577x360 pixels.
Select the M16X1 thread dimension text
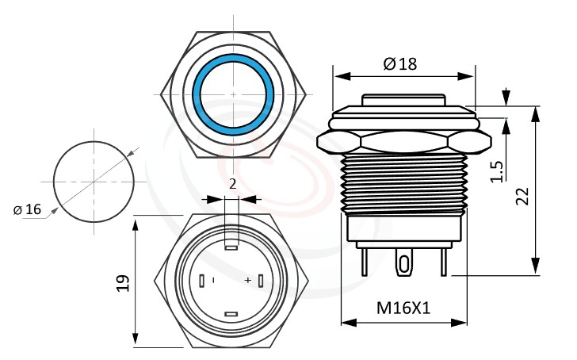pos(403,308)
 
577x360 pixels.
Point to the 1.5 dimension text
pos(496,169)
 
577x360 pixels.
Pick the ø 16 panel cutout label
pos(27,209)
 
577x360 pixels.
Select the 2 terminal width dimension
pos(231,184)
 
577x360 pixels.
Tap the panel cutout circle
pos(94,181)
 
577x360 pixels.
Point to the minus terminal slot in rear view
pos(203,281)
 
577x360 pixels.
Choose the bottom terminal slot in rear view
pos(231,315)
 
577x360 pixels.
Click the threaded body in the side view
pos(403,182)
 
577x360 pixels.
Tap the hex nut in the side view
pos(403,144)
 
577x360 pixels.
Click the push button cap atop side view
pos(403,101)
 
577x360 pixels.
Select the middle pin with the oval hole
pos(404,262)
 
